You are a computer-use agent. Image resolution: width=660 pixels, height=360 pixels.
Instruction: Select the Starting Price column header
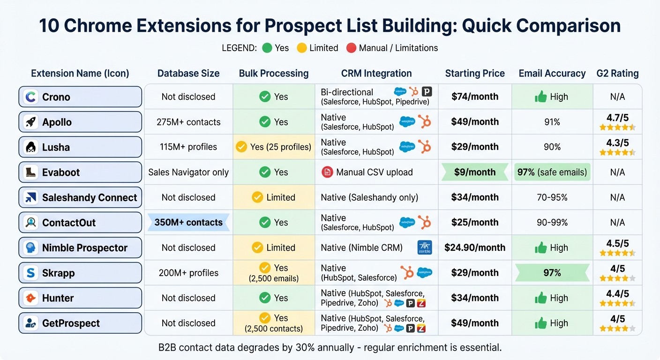point(475,74)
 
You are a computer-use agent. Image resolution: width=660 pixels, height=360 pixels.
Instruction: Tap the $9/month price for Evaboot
point(474,172)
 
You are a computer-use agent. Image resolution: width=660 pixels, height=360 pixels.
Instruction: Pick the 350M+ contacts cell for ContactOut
point(188,222)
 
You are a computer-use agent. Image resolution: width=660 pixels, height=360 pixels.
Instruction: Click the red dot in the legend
point(351,48)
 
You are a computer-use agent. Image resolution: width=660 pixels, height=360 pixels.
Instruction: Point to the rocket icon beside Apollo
point(31,122)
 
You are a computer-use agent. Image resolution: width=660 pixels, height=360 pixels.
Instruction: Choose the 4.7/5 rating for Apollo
point(617,117)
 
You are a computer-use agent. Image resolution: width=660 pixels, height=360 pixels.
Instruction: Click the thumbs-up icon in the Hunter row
point(541,298)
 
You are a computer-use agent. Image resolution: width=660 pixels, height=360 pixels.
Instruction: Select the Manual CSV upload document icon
point(327,172)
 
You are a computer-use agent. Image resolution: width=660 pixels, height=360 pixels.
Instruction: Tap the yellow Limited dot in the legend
point(302,48)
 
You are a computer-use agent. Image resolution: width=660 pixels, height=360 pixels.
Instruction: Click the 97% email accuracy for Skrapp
point(552,273)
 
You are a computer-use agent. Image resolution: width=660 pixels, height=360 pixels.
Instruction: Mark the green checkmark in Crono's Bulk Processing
point(265,97)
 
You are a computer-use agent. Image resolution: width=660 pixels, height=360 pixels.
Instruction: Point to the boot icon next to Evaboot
point(31,172)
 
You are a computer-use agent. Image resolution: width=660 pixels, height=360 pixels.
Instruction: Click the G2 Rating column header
point(617,74)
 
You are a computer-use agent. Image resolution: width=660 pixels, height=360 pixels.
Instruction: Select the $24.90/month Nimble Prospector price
point(474,247)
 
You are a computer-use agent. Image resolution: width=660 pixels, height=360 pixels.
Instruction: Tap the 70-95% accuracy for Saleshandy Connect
point(552,197)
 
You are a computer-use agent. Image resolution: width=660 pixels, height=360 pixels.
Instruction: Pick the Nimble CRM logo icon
point(424,247)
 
